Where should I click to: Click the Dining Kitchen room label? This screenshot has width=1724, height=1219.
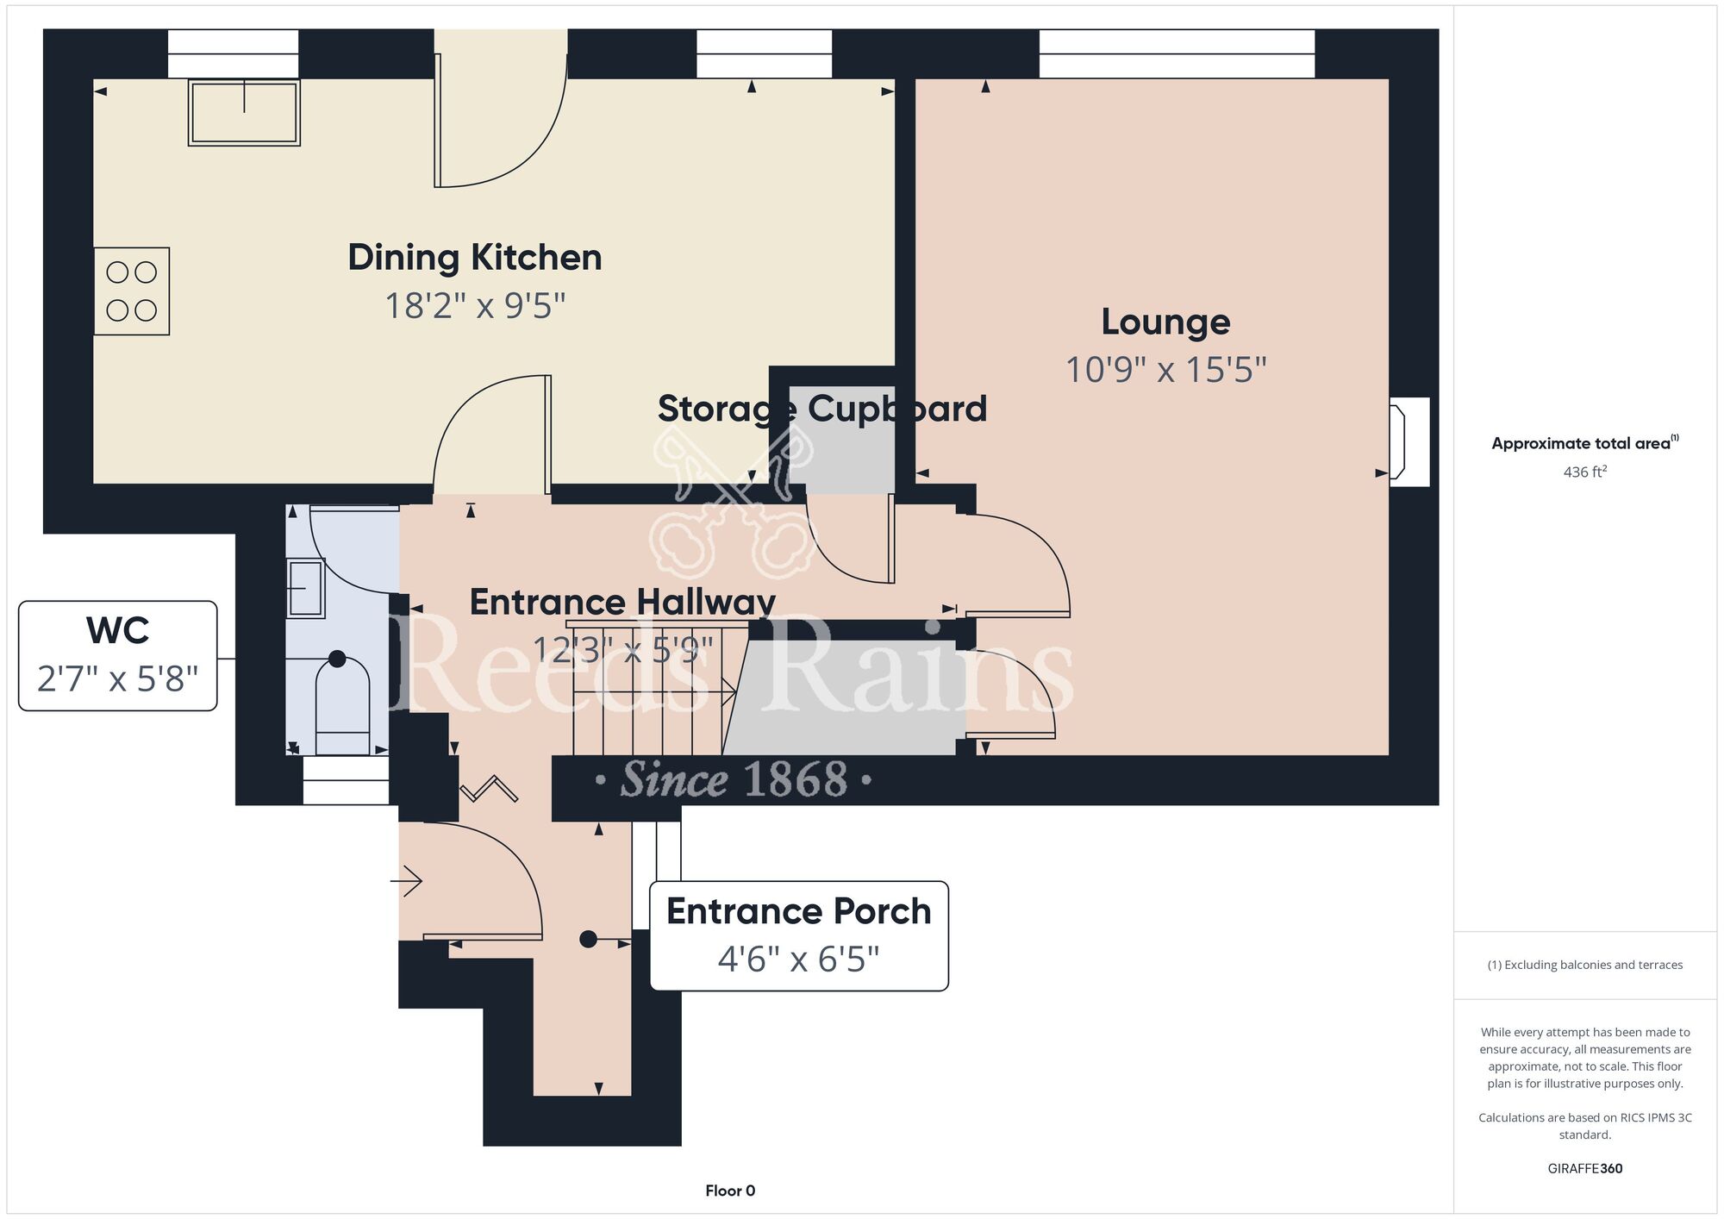point(475,258)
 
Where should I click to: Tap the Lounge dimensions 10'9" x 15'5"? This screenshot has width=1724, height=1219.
point(1166,370)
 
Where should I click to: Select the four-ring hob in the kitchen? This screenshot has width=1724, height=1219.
point(132,291)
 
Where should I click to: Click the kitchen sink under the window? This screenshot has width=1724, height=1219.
point(244,112)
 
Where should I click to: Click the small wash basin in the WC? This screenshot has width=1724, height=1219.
point(306,588)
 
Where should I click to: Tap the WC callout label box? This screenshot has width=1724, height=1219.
point(118,656)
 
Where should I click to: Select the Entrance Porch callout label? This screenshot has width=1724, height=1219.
point(799,936)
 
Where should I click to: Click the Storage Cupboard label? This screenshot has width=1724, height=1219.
point(822,409)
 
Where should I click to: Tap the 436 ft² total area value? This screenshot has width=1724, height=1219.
point(1585,472)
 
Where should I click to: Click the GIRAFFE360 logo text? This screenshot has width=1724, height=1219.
point(1585,1169)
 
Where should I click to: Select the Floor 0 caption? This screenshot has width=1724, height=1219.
point(730,1191)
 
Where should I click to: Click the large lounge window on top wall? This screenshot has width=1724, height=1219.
point(1177,53)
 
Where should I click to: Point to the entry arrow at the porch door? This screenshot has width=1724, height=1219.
point(406,882)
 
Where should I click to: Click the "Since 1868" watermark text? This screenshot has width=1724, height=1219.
point(734,779)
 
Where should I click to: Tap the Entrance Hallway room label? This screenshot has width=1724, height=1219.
point(622,602)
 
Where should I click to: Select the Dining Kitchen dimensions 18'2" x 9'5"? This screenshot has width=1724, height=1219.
point(475,306)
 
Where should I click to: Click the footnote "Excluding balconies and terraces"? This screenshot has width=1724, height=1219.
point(1585,965)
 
